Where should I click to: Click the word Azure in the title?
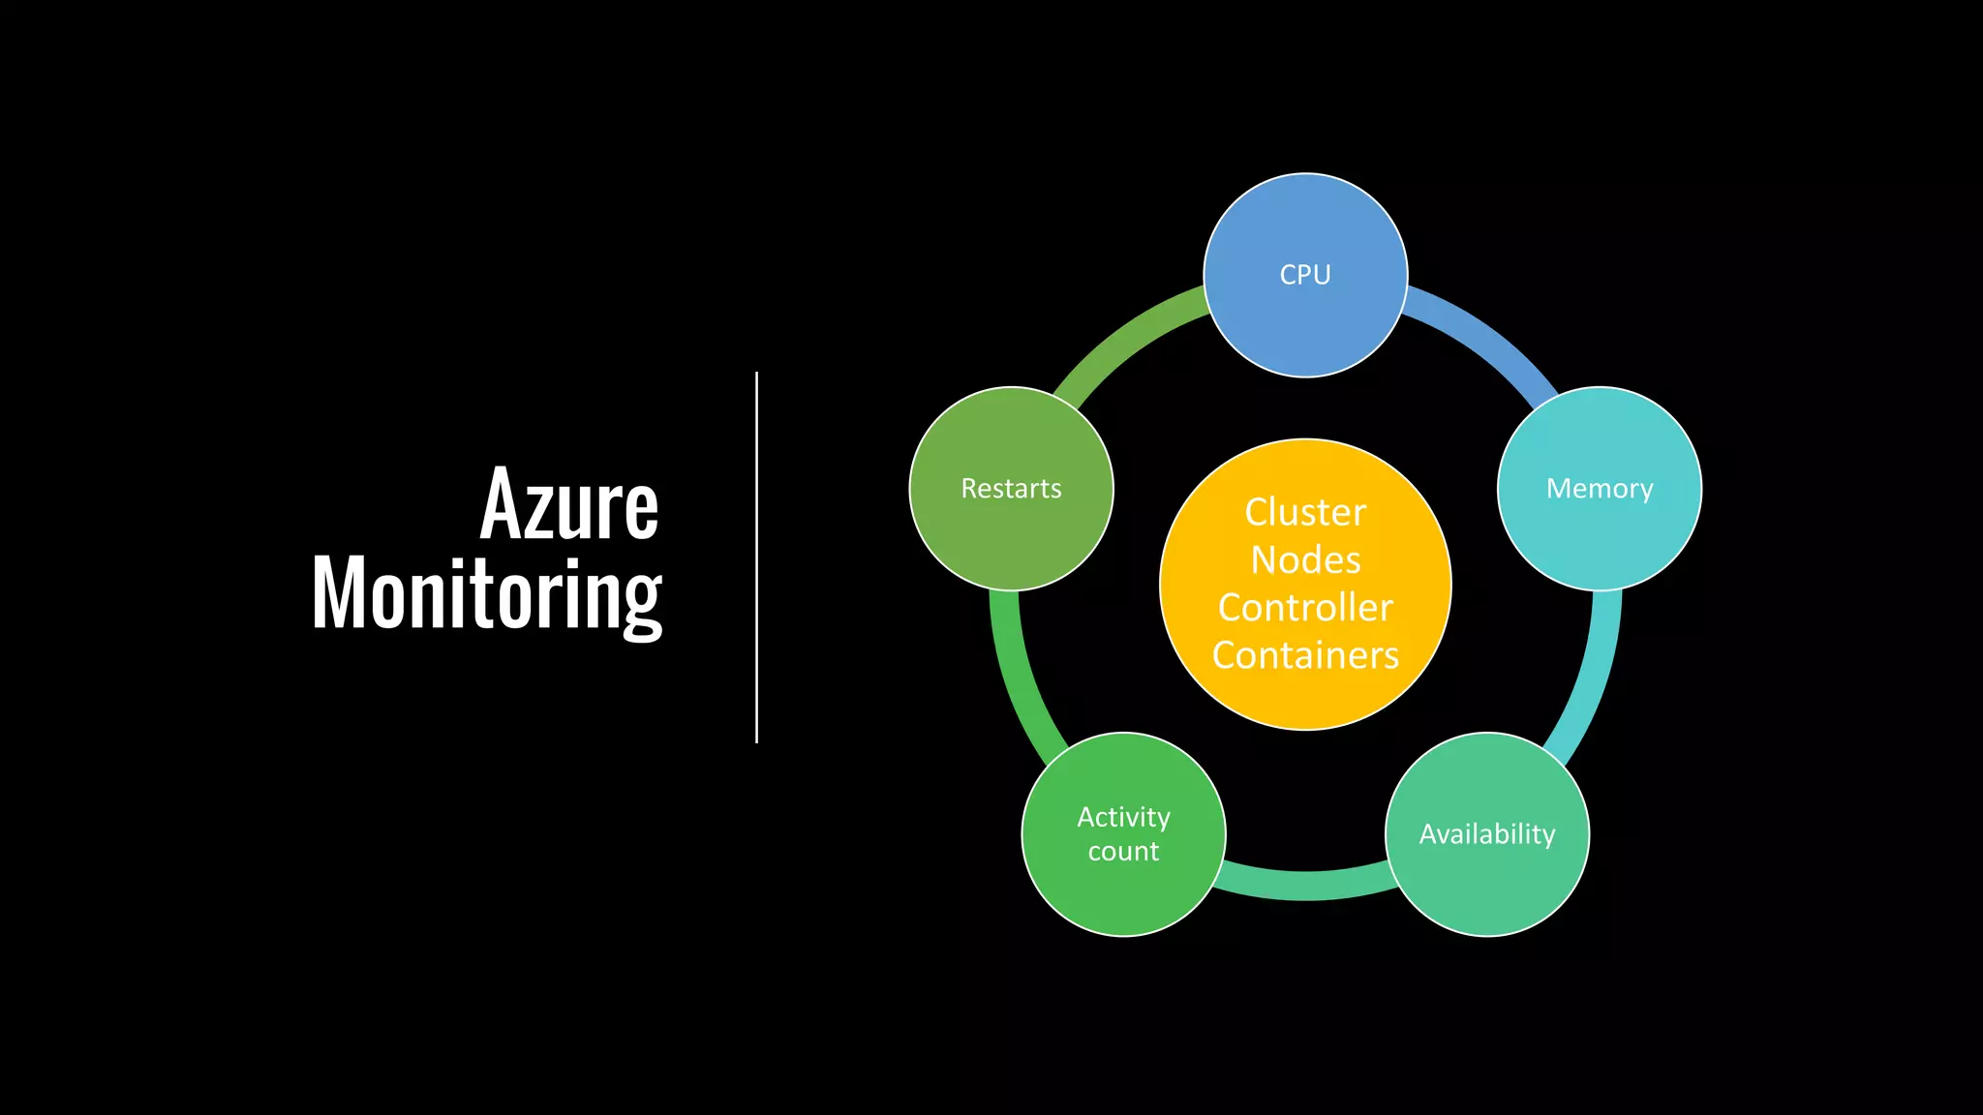click(x=569, y=504)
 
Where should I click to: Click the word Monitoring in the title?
click(x=486, y=593)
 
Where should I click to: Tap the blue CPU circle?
click(x=1305, y=275)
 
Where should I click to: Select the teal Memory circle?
click(x=1600, y=489)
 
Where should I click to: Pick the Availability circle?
click(x=1487, y=834)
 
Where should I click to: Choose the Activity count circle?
click(x=1123, y=834)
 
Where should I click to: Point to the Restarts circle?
click(x=1011, y=489)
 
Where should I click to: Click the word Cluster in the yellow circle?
click(x=1305, y=512)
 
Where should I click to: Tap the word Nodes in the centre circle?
click(x=1305, y=559)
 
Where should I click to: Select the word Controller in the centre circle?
click(x=1305, y=608)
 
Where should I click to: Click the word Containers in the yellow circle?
click(x=1305, y=655)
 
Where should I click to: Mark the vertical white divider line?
click(x=756, y=557)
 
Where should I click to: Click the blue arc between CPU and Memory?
click(x=1486, y=337)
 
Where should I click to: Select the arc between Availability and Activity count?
click(x=1305, y=885)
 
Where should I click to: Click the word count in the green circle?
click(x=1123, y=852)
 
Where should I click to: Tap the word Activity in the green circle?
click(x=1123, y=817)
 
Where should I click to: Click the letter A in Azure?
click(x=503, y=504)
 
